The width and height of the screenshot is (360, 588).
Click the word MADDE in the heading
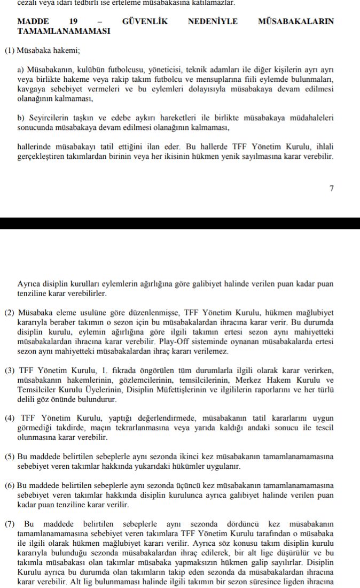point(33,22)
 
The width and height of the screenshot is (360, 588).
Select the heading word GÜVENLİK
point(145,22)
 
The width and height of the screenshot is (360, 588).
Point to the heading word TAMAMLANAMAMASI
point(64,31)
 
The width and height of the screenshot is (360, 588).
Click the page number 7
point(331,188)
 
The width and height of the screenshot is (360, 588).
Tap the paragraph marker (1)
point(10,51)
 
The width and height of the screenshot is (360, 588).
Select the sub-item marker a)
point(21,70)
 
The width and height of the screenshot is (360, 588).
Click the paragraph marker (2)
point(10,312)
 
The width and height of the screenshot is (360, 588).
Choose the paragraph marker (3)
point(10,370)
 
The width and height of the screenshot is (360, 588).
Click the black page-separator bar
point(180,223)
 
